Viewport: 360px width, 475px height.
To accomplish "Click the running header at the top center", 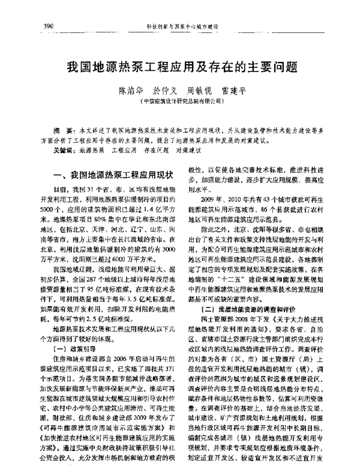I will (182, 27).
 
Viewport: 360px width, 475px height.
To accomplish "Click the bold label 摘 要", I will (60, 130).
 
